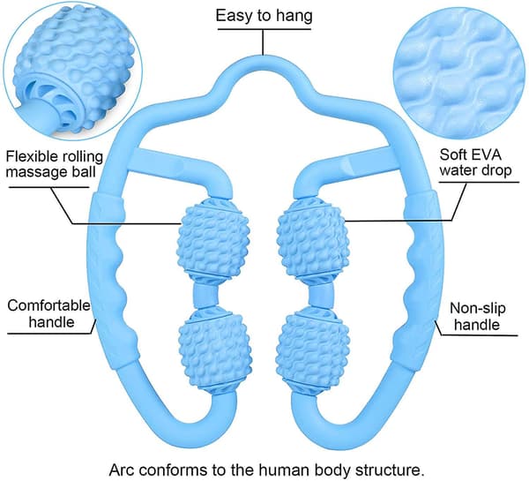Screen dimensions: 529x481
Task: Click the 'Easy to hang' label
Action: click(x=264, y=16)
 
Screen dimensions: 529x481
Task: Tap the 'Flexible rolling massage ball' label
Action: click(x=55, y=164)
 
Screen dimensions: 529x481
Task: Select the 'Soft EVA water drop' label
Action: click(x=475, y=162)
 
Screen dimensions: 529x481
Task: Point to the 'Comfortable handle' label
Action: click(x=49, y=313)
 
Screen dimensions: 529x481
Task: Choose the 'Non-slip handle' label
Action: click(x=477, y=317)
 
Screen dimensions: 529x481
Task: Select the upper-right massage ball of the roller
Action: click(x=312, y=236)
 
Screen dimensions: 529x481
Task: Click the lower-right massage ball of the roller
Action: click(x=311, y=348)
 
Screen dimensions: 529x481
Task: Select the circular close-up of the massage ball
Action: click(x=72, y=71)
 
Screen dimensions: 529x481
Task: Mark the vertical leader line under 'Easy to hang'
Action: click(x=263, y=42)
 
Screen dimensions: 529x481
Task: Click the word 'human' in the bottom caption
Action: click(x=285, y=470)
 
